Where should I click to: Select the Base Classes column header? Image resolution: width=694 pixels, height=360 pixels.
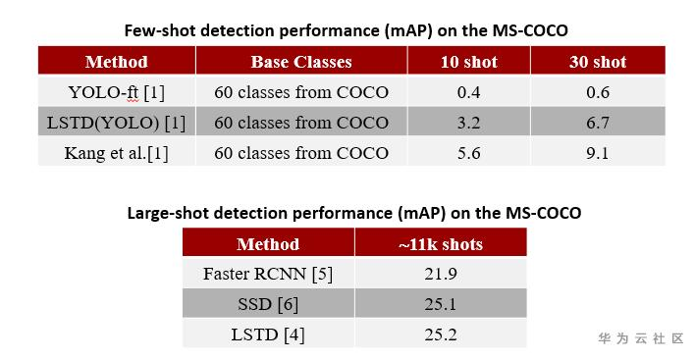click(x=301, y=62)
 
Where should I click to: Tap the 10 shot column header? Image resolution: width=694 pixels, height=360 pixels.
click(x=468, y=62)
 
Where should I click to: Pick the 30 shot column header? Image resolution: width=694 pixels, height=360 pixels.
click(x=598, y=62)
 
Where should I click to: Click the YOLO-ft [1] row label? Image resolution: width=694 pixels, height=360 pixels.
click(x=117, y=92)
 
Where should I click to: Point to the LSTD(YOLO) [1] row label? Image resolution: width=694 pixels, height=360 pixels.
click(x=117, y=123)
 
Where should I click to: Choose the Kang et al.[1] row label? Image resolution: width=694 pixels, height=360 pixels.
click(x=117, y=153)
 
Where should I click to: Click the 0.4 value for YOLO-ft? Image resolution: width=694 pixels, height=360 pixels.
click(x=468, y=92)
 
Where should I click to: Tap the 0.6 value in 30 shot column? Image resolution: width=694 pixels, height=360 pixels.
click(x=598, y=92)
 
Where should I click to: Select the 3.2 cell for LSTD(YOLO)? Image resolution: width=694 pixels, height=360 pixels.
click(x=468, y=123)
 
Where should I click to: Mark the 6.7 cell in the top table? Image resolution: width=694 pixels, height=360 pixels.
click(x=598, y=123)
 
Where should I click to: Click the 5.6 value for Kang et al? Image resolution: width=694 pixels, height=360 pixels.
click(x=468, y=153)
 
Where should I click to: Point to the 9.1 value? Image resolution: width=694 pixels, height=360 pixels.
click(x=598, y=153)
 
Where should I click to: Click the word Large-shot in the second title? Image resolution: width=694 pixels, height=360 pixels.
click(x=168, y=213)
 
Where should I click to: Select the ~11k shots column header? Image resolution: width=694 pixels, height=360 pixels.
click(x=441, y=244)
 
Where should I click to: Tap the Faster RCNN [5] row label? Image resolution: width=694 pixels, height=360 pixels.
click(x=268, y=275)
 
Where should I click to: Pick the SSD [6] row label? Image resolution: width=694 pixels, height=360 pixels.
click(x=268, y=304)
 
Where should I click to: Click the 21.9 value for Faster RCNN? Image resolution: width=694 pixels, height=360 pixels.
click(x=441, y=275)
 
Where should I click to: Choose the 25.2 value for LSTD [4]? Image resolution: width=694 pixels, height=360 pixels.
click(x=441, y=334)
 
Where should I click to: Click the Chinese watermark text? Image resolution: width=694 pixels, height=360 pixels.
click(x=641, y=338)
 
